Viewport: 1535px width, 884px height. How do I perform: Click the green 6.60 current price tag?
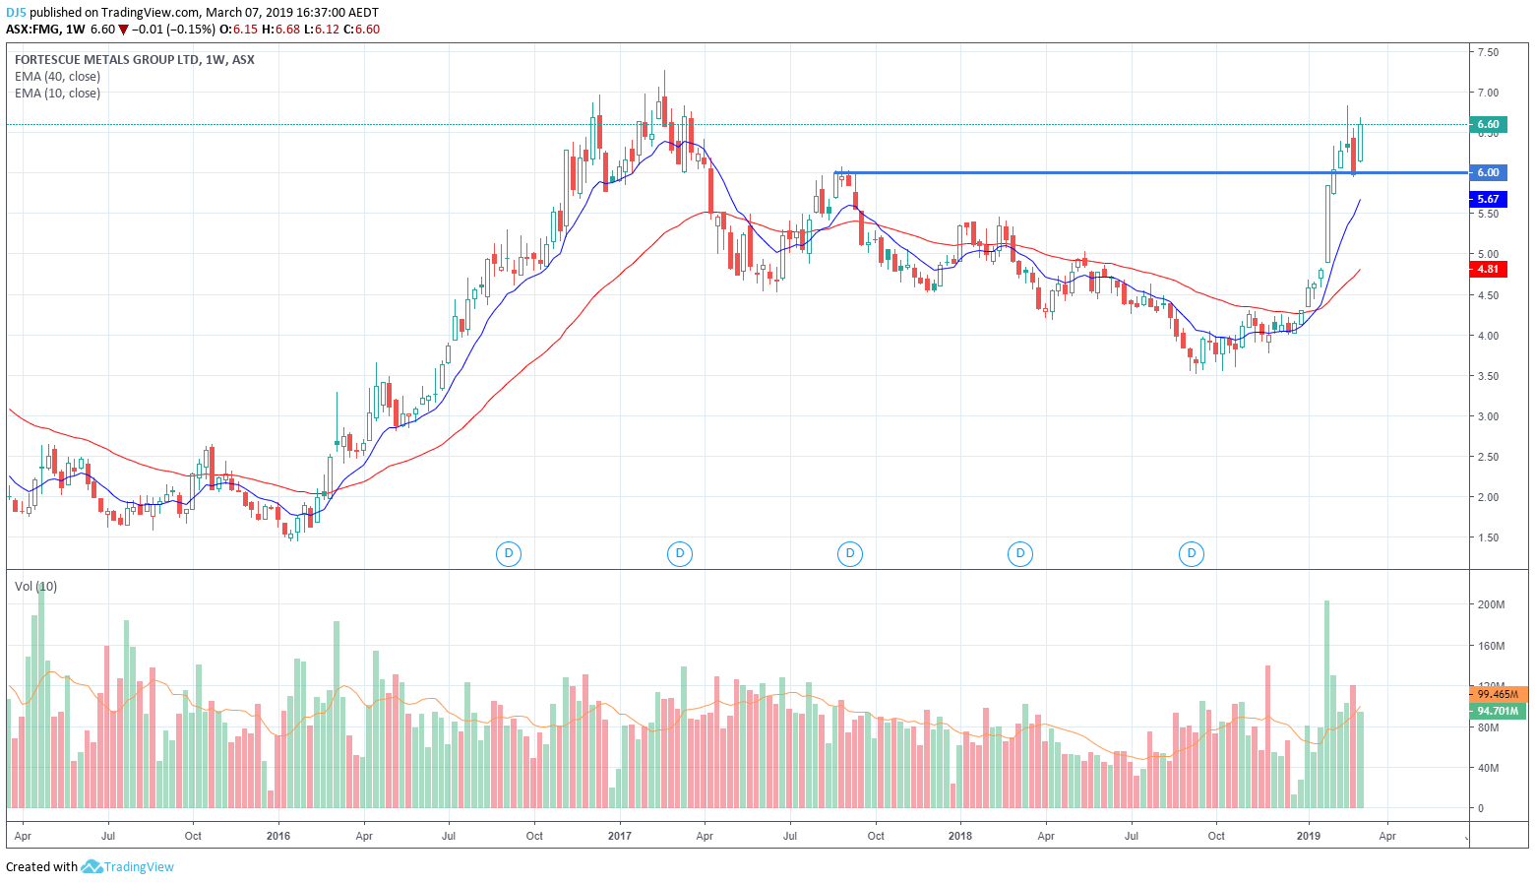tap(1488, 124)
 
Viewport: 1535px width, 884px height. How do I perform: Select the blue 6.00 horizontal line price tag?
tap(1488, 172)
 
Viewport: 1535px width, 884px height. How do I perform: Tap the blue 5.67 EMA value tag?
tap(1488, 199)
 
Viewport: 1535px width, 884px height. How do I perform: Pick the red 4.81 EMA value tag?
tap(1488, 269)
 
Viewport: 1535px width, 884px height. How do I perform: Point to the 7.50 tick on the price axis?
tap(1488, 52)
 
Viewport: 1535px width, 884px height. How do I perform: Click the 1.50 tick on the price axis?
tap(1488, 537)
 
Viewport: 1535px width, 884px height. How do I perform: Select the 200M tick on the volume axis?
tap(1491, 604)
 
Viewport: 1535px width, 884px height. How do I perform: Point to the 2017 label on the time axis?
tap(620, 836)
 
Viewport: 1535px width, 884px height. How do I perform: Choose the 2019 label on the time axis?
tap(1309, 836)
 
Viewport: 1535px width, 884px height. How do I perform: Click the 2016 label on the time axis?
tap(278, 836)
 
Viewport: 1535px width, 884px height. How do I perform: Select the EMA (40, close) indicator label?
tap(57, 77)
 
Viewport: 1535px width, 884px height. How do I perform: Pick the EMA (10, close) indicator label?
tap(57, 94)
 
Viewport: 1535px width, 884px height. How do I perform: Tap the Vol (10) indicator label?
tap(35, 587)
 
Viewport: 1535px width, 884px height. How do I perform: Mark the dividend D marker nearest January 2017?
tap(679, 553)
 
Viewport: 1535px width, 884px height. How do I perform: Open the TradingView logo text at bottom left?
tap(139, 867)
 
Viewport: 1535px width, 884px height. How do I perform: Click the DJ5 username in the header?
tap(16, 13)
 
